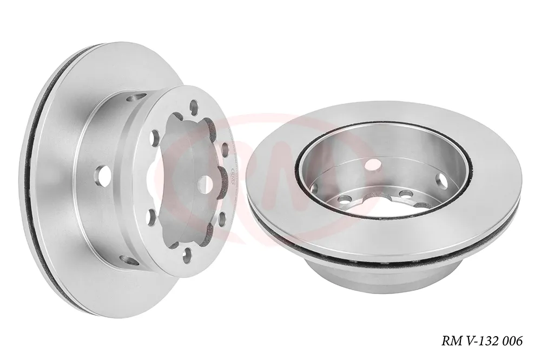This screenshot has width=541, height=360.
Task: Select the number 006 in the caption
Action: [512, 341]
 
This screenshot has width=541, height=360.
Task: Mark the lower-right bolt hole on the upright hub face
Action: [222, 219]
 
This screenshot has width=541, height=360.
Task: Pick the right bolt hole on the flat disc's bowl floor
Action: [405, 194]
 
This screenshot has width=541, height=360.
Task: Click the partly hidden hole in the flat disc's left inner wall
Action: [314, 188]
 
